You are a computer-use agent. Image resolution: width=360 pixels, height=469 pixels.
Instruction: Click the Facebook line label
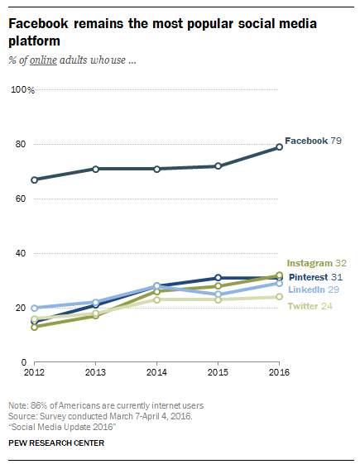point(306,141)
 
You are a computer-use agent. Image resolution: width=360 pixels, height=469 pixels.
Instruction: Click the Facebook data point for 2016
point(279,147)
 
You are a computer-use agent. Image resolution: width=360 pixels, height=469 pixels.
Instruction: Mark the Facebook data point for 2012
point(34,179)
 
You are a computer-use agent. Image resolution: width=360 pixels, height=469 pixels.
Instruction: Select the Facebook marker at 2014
point(156,169)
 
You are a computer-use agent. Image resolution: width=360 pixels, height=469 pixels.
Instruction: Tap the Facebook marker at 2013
point(95,169)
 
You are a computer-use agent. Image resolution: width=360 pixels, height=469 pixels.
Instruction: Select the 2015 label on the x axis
point(218,373)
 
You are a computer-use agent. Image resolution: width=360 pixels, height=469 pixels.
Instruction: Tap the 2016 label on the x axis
point(279,373)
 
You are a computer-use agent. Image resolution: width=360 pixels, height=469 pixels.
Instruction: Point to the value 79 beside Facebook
point(337,141)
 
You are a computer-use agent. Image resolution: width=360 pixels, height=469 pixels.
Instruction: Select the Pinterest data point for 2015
point(218,278)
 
